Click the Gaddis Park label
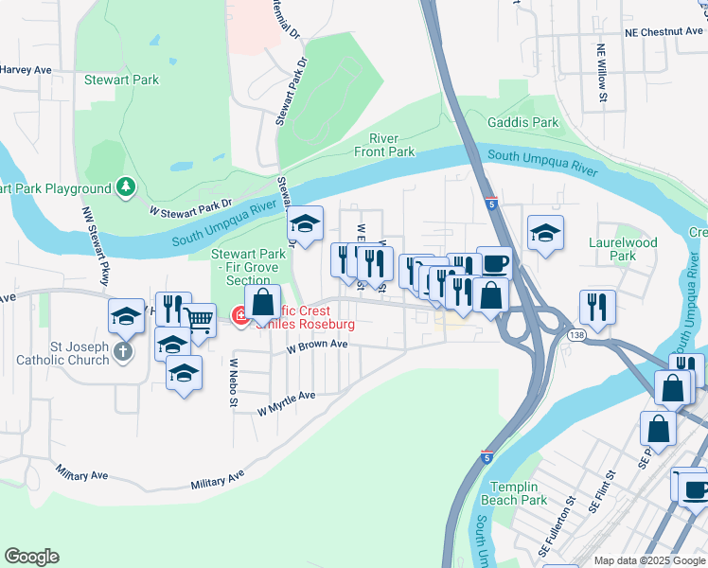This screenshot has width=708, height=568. [522, 123]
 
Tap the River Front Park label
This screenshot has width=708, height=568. [384, 145]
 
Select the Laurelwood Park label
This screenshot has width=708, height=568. [634, 249]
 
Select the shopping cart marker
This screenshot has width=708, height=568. [198, 320]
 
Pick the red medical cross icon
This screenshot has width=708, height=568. [240, 315]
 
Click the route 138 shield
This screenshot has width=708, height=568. [575, 335]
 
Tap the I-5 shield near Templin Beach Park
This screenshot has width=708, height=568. [486, 455]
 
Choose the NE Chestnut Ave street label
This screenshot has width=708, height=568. [664, 31]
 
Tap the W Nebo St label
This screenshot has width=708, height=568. [234, 382]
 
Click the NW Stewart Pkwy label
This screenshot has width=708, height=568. [97, 258]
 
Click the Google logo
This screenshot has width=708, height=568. [31, 557]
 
